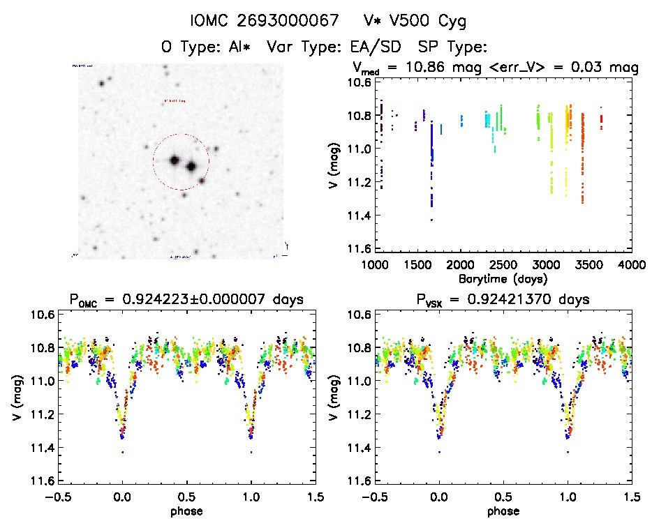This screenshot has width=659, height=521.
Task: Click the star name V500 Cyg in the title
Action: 427,21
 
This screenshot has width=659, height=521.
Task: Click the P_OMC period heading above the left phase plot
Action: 186,300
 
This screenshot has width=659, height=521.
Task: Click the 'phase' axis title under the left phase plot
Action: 186,511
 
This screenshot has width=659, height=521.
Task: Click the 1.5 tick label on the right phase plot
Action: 631,497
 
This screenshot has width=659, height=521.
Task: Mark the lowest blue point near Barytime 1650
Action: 431,220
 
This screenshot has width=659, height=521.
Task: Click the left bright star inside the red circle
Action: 173,160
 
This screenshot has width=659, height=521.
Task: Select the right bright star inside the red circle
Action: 190,166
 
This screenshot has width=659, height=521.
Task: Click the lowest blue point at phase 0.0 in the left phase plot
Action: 123,452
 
